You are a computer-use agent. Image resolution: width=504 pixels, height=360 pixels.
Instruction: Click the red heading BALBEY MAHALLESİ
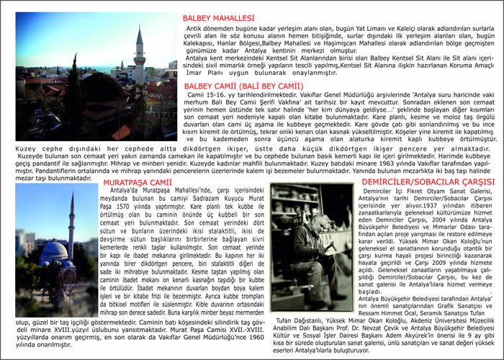pyautogui.click(x=219, y=17)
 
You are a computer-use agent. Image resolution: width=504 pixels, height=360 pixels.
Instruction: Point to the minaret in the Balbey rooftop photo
pyautogui.click(x=139, y=54)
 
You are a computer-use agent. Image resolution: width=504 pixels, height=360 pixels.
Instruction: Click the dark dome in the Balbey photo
pyautogui.click(x=101, y=90)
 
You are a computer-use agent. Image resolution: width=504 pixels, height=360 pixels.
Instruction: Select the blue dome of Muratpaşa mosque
pyautogui.click(x=53, y=252)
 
